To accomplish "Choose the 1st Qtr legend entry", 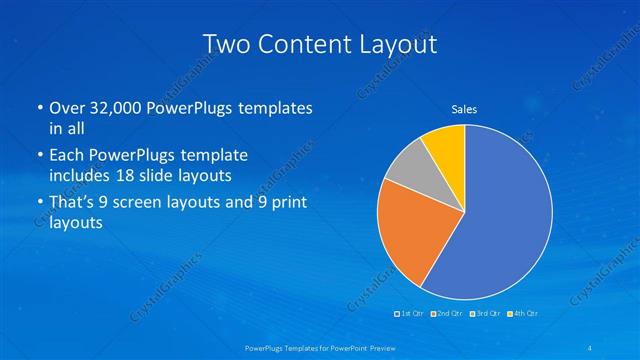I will [x=410, y=314].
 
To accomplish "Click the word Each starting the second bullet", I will [x=67, y=155].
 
